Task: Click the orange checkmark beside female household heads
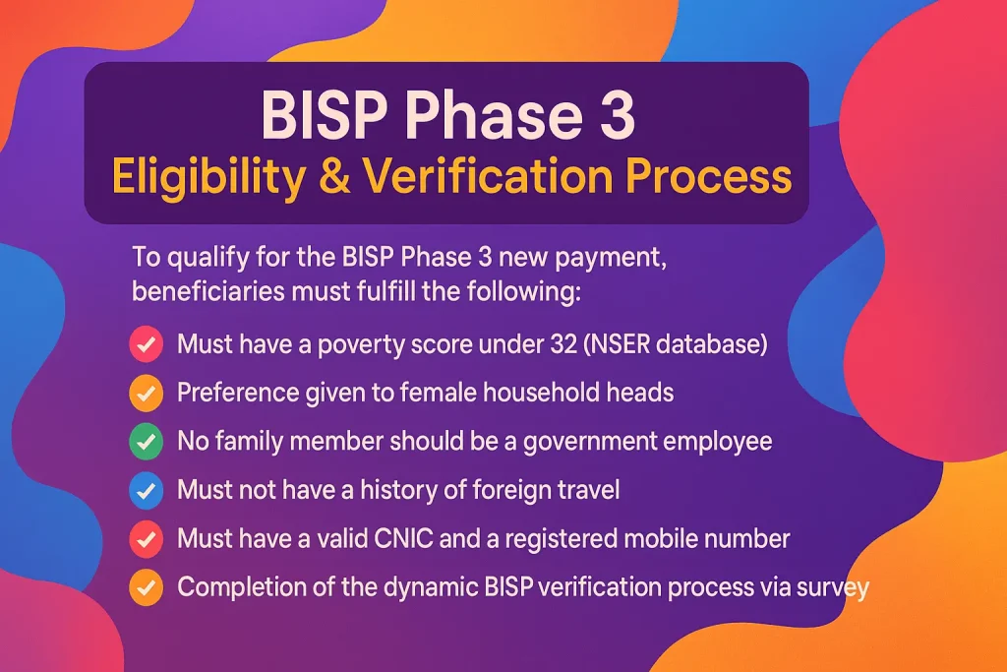tap(146, 393)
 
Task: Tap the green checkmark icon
tap(146, 441)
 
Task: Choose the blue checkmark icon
tap(146, 490)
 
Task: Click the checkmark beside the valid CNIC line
tap(146, 539)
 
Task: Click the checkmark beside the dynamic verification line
tap(146, 587)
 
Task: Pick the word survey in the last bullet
tap(834, 587)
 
